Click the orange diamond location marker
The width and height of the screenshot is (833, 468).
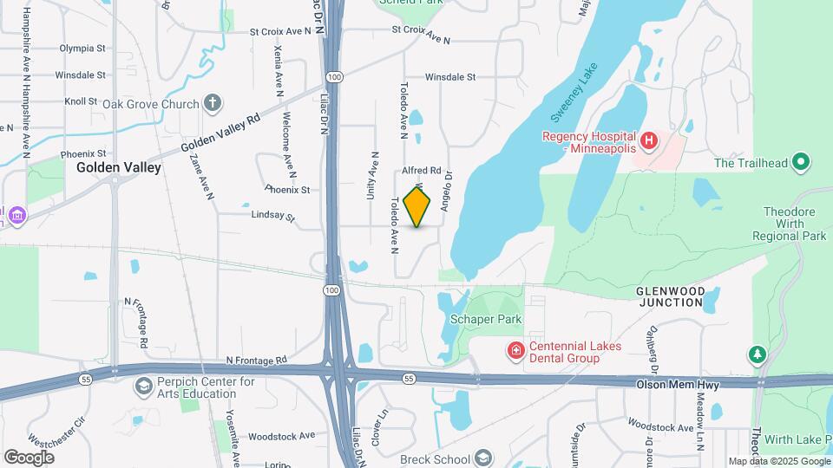(x=417, y=206)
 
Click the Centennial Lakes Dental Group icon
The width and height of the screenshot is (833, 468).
(x=515, y=350)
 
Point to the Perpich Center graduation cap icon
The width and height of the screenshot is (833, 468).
(x=142, y=386)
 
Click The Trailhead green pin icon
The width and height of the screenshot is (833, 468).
(x=802, y=162)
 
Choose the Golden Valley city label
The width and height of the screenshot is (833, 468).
(x=119, y=167)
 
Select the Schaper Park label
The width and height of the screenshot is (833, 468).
(x=485, y=319)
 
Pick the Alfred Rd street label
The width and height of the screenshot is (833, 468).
(x=422, y=171)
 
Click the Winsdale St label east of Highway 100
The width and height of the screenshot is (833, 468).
(x=450, y=76)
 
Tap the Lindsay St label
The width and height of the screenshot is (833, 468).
(x=273, y=215)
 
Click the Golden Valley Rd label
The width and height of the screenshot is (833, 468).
(x=220, y=132)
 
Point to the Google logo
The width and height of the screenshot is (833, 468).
(x=29, y=457)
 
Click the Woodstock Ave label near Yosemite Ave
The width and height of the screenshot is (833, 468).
(x=281, y=436)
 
